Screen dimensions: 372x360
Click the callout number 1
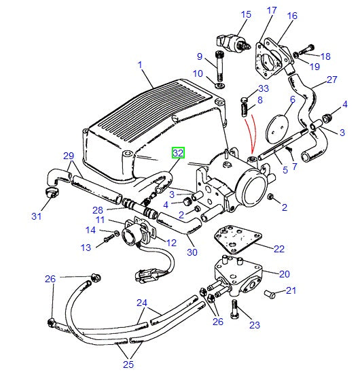pos(140,65)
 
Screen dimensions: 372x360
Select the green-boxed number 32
pos(178,154)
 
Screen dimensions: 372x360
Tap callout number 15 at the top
pos(246,14)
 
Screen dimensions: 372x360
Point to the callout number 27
pos(332,80)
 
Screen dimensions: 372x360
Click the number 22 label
pos(279,249)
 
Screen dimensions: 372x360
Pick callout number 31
pos(37,216)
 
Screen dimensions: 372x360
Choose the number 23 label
pos(254,325)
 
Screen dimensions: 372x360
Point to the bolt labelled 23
pos(234,309)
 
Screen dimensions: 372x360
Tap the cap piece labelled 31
pos(50,195)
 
